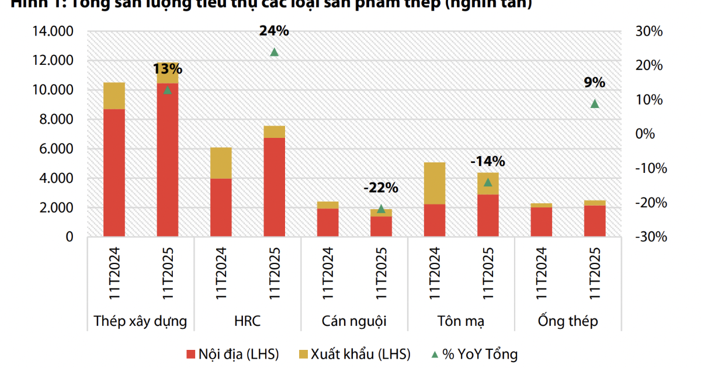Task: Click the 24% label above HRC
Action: tap(274, 32)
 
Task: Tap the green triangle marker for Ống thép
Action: tap(595, 103)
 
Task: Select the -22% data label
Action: tap(380, 188)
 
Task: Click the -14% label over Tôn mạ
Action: tap(488, 161)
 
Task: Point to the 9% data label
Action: tap(595, 82)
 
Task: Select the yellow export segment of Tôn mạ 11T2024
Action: tap(435, 183)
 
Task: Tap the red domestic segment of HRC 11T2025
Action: tap(274, 187)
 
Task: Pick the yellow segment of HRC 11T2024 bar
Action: tap(221, 163)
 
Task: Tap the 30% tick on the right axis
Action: tap(648, 32)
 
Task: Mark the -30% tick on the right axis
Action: tap(647, 237)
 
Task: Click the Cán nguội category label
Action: tap(354, 321)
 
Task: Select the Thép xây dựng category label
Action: tap(140, 321)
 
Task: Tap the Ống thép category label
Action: tap(568, 321)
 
